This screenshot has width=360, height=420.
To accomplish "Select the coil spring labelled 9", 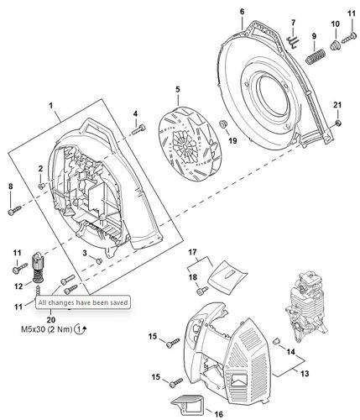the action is [x=316, y=56].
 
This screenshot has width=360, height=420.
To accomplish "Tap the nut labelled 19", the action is [x=223, y=123].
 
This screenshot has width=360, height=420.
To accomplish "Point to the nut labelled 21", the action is [x=338, y=123].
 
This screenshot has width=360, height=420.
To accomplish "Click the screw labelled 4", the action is [x=138, y=129].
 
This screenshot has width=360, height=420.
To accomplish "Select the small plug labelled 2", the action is [x=41, y=186].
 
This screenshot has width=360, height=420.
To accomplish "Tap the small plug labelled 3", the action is [x=99, y=261].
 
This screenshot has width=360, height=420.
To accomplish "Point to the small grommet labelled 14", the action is [x=276, y=341].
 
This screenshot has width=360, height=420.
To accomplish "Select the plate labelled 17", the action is [x=228, y=272].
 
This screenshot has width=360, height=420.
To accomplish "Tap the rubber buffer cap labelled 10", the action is [x=335, y=45].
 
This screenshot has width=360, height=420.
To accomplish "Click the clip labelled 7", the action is [x=293, y=41].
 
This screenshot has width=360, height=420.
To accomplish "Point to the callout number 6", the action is [x=242, y=12].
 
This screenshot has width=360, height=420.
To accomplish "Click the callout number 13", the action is [x=305, y=373].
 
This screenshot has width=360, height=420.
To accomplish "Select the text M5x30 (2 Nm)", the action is [x=47, y=329].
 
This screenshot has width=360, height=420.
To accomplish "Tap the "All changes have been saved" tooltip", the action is [x=83, y=302].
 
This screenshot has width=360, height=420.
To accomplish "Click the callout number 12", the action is [x=18, y=286].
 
